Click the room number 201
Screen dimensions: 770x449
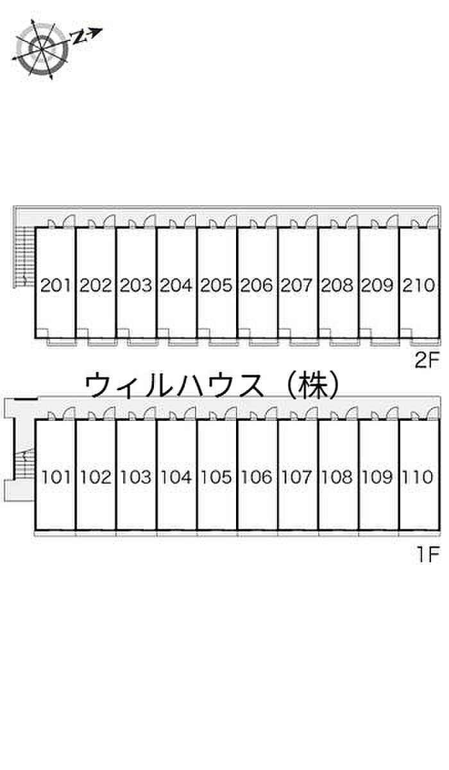(55, 285)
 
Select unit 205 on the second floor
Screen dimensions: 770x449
(217, 285)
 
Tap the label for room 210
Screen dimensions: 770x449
(419, 285)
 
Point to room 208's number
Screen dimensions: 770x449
(338, 285)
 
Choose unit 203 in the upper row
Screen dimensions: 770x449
(136, 285)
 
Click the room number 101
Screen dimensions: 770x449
(55, 477)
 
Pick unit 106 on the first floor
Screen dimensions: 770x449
(257, 477)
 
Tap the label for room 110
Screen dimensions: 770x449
(419, 477)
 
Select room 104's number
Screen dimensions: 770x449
(176, 477)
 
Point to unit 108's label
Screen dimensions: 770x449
(338, 477)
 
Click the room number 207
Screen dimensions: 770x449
(298, 285)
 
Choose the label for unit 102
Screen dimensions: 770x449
(96, 477)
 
